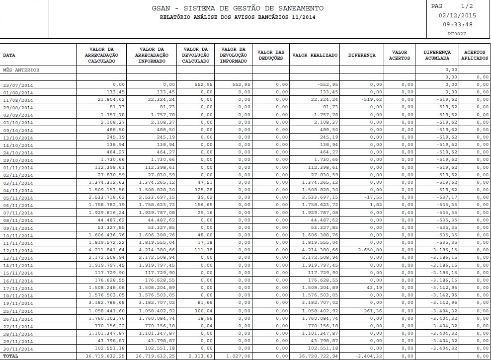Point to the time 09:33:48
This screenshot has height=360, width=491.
point(457,24)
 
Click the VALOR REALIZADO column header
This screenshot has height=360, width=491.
point(315,55)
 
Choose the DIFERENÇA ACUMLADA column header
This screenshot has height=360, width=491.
point(437,55)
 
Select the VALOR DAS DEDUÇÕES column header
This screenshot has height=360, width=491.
point(271,55)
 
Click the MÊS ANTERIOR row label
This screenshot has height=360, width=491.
point(21,70)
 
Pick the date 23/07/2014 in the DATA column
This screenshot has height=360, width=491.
point(18,85)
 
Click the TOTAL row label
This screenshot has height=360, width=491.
point(10,357)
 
